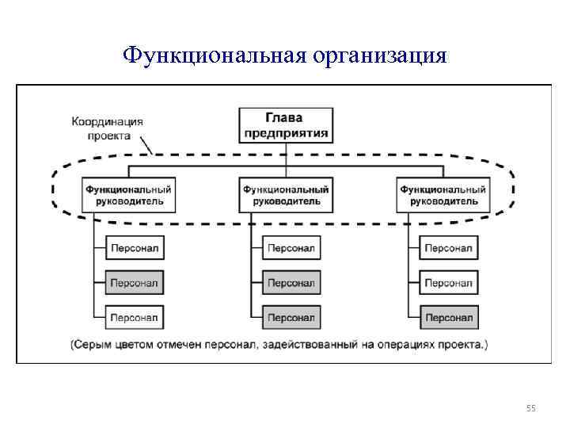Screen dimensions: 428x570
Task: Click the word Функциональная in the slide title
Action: click(215, 55)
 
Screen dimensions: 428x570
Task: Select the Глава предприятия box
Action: click(285, 125)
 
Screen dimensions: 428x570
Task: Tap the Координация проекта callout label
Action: click(108, 128)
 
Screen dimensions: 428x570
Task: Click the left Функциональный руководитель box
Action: click(128, 196)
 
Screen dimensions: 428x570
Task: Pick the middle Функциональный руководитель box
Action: click(286, 196)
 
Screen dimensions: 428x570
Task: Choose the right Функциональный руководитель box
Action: click(443, 196)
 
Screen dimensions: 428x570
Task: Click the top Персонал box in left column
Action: click(134, 248)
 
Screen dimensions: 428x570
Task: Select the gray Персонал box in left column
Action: click(134, 282)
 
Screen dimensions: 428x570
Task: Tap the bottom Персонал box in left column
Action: click(134, 318)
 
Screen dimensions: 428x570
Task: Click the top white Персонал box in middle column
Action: click(291, 248)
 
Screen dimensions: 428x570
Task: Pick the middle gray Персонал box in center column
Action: click(291, 282)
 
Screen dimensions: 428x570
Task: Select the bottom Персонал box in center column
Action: click(291, 318)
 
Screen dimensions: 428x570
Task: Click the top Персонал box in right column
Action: click(448, 248)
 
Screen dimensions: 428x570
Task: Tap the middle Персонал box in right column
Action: click(448, 282)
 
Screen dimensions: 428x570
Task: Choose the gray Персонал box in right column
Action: click(448, 318)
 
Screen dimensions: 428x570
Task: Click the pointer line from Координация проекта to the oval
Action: click(146, 147)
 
